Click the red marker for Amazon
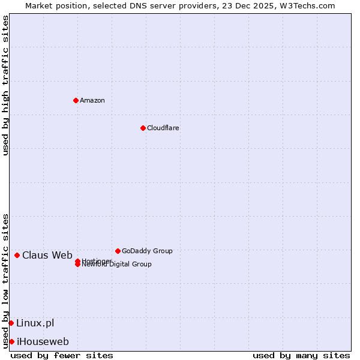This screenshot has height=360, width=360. pos(76,100)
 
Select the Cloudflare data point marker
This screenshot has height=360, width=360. pos(143,128)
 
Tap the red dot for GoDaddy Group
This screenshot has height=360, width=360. pos(118,251)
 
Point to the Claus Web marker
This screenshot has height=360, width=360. pos(17,255)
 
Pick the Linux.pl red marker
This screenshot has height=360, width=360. pos(11,323)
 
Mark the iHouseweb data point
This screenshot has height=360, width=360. pos(11,341)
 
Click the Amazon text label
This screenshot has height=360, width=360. pos(92,100)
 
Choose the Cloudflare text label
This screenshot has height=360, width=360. pos(163,128)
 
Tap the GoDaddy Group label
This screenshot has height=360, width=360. pos(147,251)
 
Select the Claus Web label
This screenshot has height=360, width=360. pos(47,255)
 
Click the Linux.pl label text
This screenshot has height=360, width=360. pos(35,323)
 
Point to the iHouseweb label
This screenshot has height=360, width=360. pos(43,341)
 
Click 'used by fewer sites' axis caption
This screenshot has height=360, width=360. pos(62,355)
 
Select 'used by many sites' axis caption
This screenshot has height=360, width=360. pos(301,355)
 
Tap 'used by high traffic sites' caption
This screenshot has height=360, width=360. pos(5,86)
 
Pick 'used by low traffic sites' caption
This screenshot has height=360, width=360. pos(5,280)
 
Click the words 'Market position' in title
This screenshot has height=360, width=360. pos(52,5)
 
